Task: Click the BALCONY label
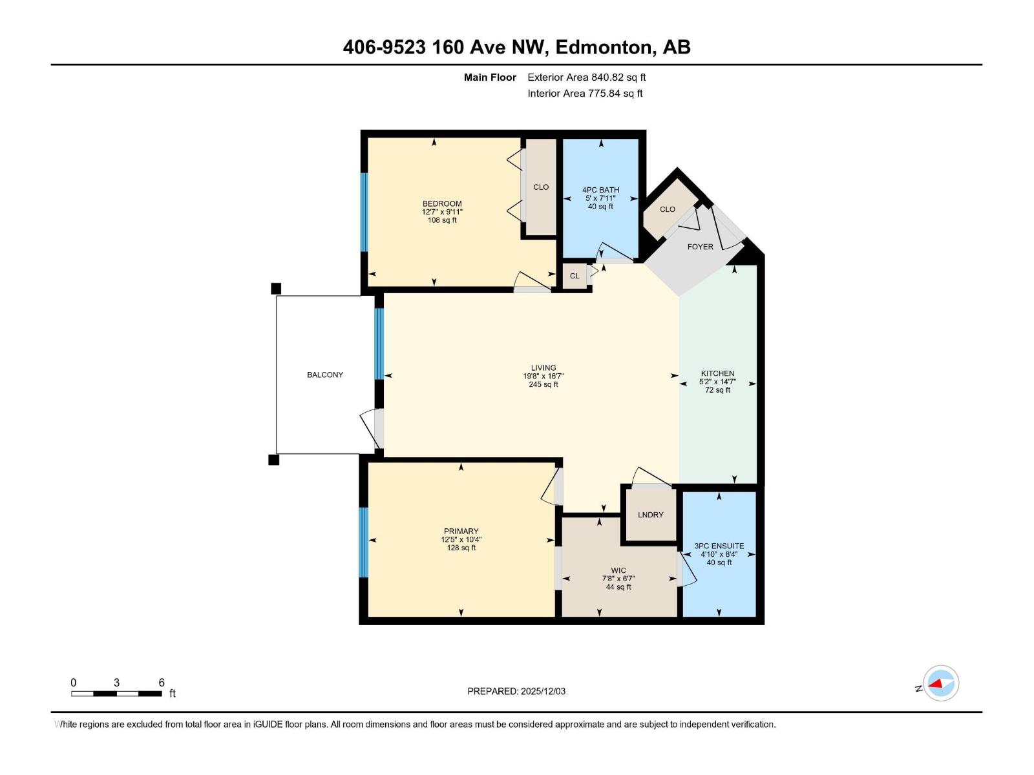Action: [x=325, y=375]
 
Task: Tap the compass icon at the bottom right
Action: [x=941, y=683]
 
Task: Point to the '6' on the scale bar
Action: [x=162, y=683]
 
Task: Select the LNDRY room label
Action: [x=650, y=515]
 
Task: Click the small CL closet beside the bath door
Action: [x=575, y=276]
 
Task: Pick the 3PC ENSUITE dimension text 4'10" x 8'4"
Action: [x=719, y=554]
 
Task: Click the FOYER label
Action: [x=700, y=247]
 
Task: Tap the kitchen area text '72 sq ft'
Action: [x=717, y=390]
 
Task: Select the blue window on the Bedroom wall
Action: [x=364, y=212]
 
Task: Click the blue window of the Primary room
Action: [x=364, y=542]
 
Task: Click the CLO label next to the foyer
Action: [x=667, y=209]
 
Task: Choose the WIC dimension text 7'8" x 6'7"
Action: [x=618, y=579]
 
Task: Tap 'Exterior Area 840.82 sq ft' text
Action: [x=586, y=77]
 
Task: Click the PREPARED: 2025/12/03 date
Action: [x=516, y=691]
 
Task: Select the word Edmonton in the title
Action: [x=602, y=47]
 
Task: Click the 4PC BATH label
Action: [x=600, y=190]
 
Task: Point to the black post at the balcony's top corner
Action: [x=276, y=288]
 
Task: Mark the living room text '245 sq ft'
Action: [x=543, y=384]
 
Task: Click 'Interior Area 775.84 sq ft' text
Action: [x=585, y=94]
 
